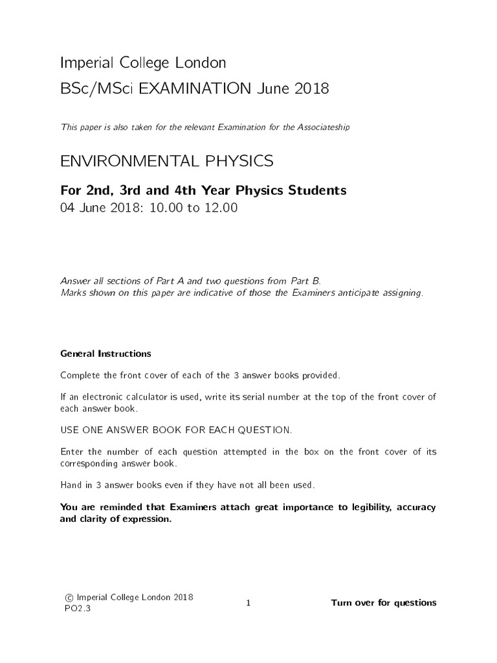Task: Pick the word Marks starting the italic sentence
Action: tap(73, 293)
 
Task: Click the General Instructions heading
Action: tap(105, 354)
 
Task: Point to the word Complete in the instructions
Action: tap(80, 376)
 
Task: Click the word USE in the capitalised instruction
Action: tap(69, 430)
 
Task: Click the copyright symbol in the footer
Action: tap(69, 598)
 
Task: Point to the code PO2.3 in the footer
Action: tap(71, 609)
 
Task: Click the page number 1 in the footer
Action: tap(248, 603)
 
